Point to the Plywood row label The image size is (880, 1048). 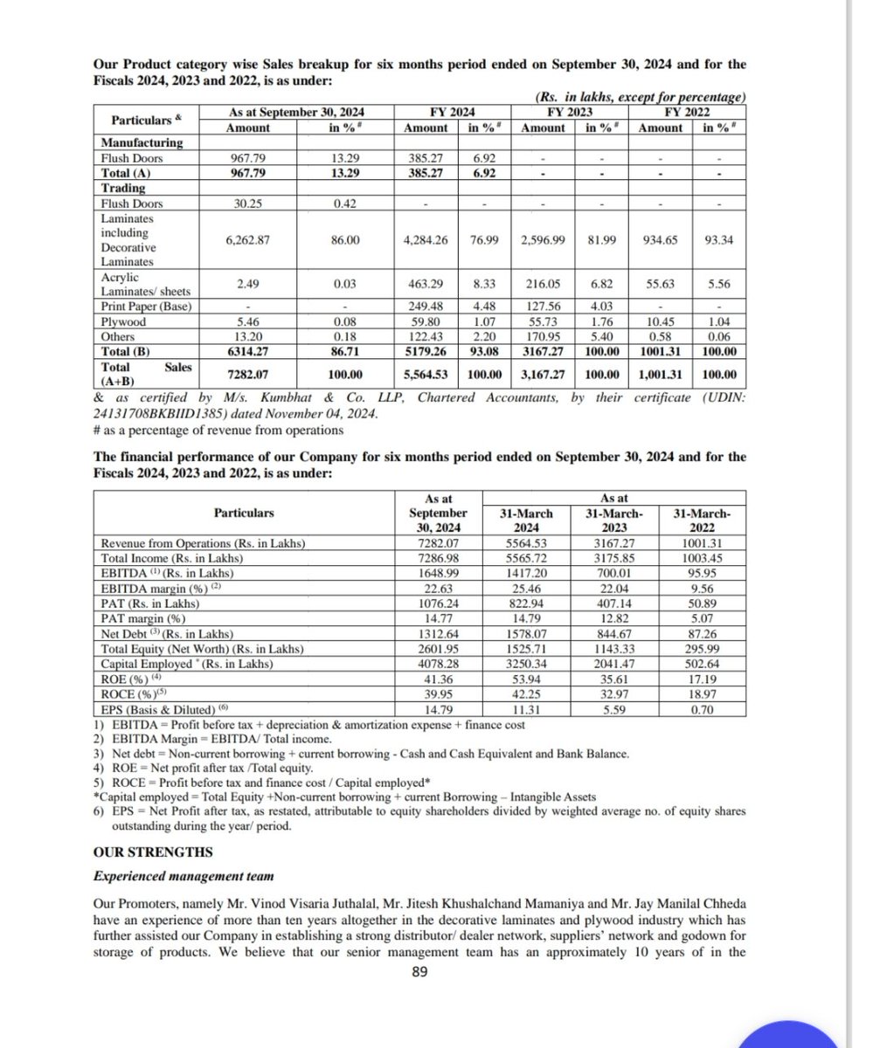[x=123, y=322]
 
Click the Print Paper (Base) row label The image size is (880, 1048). [x=146, y=307]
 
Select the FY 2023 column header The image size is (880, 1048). [x=567, y=113]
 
